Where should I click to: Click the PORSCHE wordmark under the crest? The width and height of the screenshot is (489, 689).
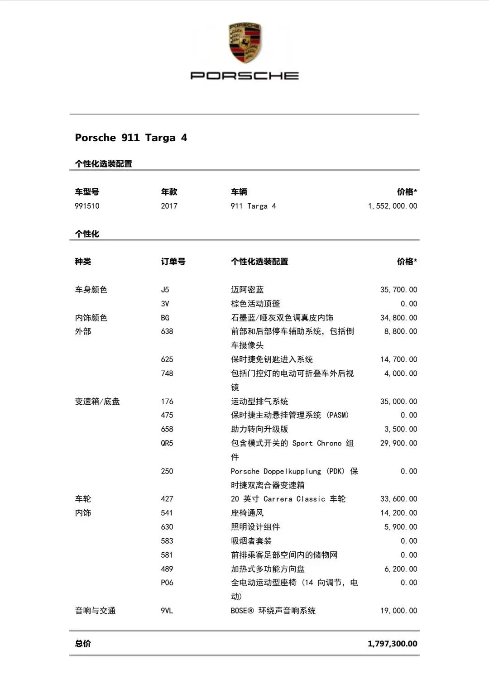[244, 76]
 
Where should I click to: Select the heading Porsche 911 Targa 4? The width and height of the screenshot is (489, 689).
[131, 138]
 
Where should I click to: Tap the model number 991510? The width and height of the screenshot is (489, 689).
[87, 206]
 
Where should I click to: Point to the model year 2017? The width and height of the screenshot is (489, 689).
[169, 206]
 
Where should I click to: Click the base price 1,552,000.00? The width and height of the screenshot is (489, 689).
[393, 206]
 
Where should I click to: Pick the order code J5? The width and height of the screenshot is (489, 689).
[165, 290]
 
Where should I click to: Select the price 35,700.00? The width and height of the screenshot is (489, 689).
[398, 290]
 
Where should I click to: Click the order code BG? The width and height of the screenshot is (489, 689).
[165, 318]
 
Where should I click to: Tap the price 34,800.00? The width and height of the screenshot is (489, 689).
[398, 318]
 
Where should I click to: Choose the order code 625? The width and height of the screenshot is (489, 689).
[167, 359]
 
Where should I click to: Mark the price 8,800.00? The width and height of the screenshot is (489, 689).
[401, 331]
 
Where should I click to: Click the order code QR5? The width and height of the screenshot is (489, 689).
[167, 443]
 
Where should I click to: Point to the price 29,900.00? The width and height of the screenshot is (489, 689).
[398, 443]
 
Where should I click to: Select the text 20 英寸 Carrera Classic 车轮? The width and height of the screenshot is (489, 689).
[288, 499]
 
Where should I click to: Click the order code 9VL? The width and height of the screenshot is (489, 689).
[167, 611]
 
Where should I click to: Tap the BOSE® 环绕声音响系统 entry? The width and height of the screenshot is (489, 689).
[273, 611]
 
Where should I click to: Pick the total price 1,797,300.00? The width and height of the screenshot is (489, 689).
[393, 644]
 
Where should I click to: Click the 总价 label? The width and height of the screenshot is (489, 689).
[83, 644]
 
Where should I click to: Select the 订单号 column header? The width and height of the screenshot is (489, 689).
[173, 262]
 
